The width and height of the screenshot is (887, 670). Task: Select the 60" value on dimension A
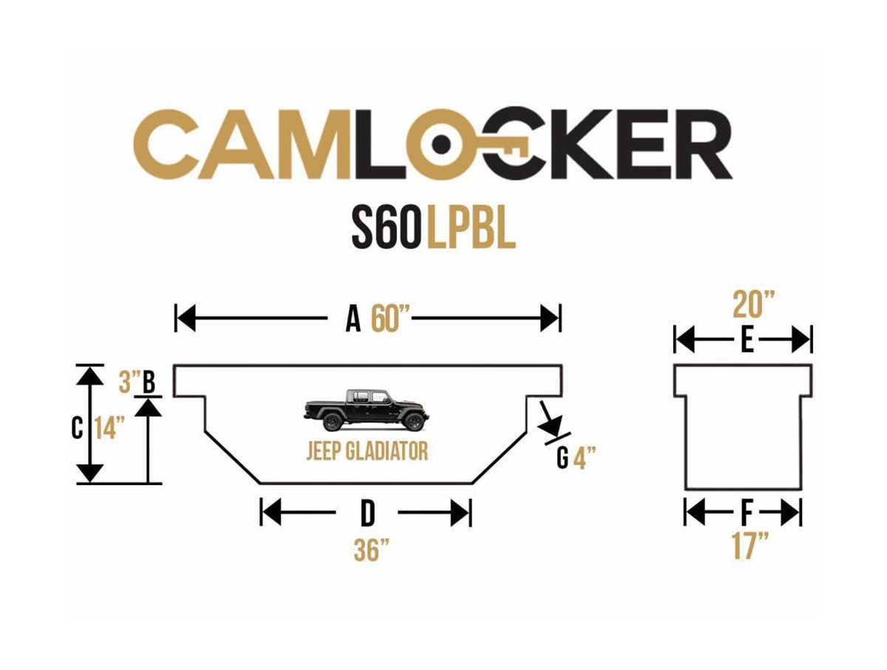tap(390, 321)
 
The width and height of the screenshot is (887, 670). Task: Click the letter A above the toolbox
tap(353, 321)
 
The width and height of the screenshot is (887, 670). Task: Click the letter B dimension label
tap(149, 382)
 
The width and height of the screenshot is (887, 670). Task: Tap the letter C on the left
tap(77, 429)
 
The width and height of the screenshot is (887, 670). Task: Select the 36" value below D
tap(371, 550)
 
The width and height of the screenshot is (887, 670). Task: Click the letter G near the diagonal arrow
tap(563, 459)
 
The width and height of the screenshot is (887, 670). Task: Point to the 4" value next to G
tap(584, 458)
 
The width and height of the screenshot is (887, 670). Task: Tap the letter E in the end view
tap(747, 342)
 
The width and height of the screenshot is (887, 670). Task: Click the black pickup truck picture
tap(366, 410)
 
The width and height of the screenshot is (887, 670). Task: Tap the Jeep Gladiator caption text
tap(367, 451)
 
